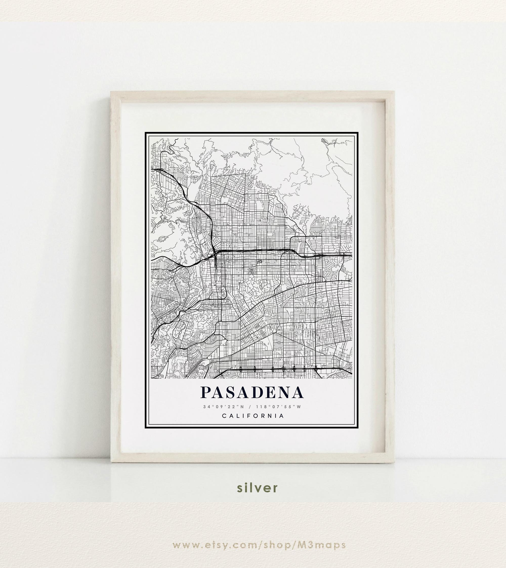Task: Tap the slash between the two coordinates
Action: click(x=250, y=407)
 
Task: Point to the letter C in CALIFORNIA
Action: click(x=224, y=416)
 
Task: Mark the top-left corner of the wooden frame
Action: click(x=112, y=92)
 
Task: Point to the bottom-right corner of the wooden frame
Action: click(x=394, y=462)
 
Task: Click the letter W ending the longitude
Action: click(x=299, y=407)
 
